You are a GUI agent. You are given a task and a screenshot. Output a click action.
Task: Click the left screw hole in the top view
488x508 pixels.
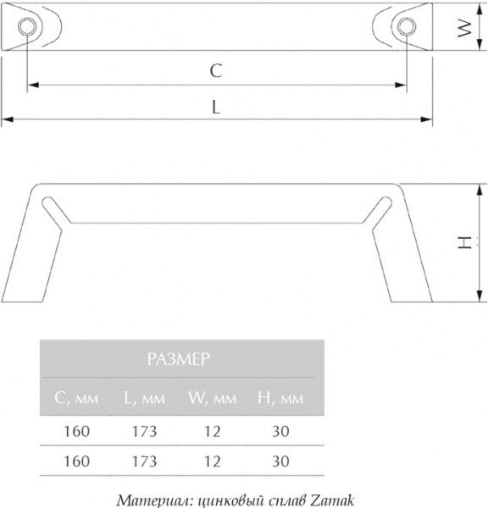pyautogui.click(x=28, y=25)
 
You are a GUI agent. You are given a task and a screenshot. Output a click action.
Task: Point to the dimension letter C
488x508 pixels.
pyautogui.click(x=216, y=72)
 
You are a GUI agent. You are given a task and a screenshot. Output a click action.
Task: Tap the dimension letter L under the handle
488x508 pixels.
pyautogui.click(x=216, y=108)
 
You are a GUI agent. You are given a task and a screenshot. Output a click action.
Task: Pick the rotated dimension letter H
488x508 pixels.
pyautogui.click(x=463, y=242)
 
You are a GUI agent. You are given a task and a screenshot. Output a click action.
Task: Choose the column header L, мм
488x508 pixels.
pyautogui.click(x=142, y=398)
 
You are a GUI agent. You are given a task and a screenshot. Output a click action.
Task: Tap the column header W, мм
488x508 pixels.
pyautogui.click(x=212, y=398)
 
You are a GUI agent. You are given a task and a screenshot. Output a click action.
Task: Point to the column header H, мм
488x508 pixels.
pyautogui.click(x=280, y=398)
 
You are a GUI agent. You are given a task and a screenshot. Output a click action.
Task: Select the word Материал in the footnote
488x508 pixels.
pyautogui.click(x=149, y=498)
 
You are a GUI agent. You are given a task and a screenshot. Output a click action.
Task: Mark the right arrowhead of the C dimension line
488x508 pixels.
pyautogui.click(x=402, y=85)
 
